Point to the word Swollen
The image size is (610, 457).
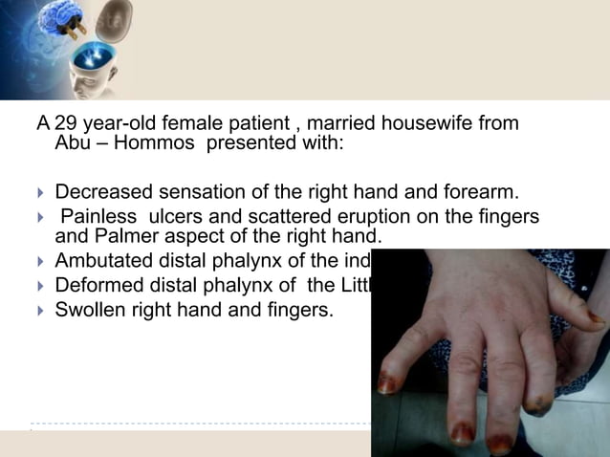tap(93, 309)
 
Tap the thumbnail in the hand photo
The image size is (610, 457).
tap(594, 316)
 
